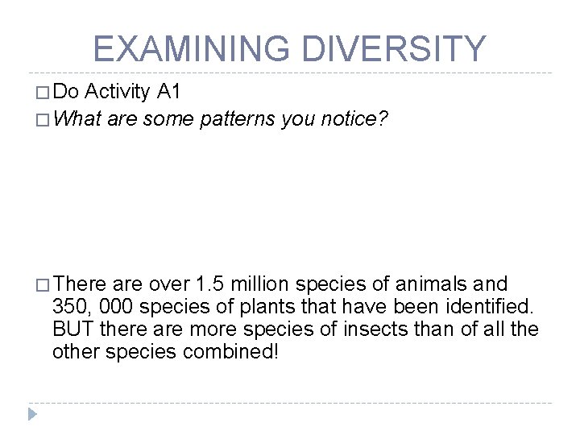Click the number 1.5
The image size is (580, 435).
click(213, 284)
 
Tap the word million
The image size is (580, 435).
click(263, 284)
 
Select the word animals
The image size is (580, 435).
click(435, 284)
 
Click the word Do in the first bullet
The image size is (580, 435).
click(67, 93)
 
